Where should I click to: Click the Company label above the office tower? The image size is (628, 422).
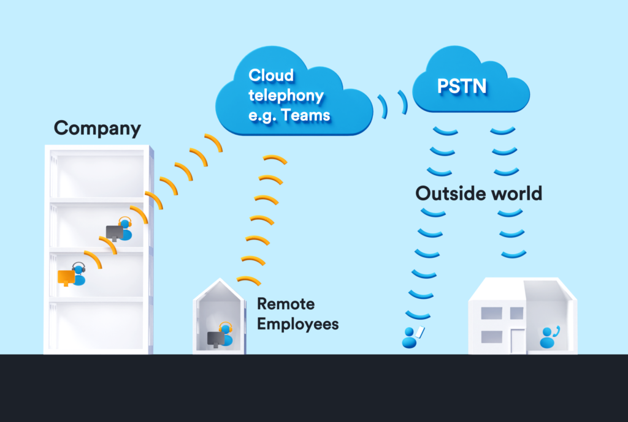click(x=97, y=129)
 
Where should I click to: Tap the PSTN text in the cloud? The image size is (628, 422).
click(x=462, y=86)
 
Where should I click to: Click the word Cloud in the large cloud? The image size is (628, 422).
click(x=271, y=76)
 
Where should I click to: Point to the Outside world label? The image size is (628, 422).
click(x=479, y=194)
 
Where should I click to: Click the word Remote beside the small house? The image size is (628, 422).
click(x=285, y=304)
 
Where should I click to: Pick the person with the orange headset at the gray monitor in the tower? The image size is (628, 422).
click(x=126, y=230)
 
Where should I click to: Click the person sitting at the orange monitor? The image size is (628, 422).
click(x=78, y=275)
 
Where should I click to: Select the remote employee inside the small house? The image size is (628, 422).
click(x=226, y=335)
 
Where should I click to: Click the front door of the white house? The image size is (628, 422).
click(x=517, y=341)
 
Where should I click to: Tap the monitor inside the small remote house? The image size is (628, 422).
click(x=215, y=338)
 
